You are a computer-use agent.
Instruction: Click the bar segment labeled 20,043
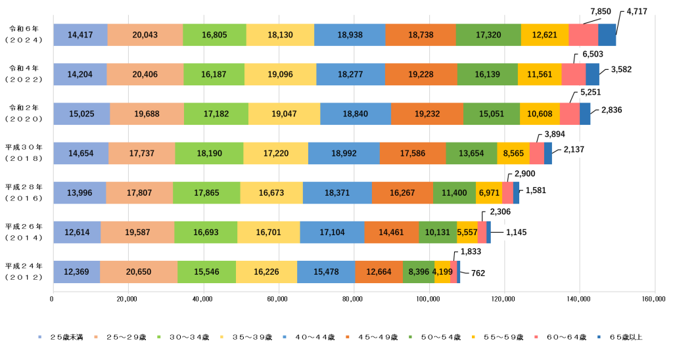coord(145,35)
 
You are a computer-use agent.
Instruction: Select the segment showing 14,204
coord(80,74)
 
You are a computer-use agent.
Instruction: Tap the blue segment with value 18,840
coord(356,114)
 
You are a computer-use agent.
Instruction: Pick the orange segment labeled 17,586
coord(413,153)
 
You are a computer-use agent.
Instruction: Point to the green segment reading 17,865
coord(206,192)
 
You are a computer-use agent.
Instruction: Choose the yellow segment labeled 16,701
coord(268,232)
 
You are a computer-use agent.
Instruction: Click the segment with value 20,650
coord(139,271)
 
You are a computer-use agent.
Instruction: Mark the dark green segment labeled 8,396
coord(419,271)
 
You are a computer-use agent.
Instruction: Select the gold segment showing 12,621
coord(545,35)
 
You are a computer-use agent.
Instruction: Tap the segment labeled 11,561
coord(540,74)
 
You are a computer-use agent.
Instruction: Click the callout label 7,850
coord(601,11)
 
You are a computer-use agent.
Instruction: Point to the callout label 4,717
coord(637,11)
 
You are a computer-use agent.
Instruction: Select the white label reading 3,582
coord(621,69)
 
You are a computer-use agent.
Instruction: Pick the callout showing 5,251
coord(591,92)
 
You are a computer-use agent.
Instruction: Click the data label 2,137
coord(574,149)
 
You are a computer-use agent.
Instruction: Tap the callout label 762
coord(478,273)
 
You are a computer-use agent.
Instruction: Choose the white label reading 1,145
coord(517,232)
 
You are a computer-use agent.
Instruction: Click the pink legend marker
coord(536,336)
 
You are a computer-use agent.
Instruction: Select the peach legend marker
coord(96,336)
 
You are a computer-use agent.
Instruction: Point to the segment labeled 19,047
coord(284,114)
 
